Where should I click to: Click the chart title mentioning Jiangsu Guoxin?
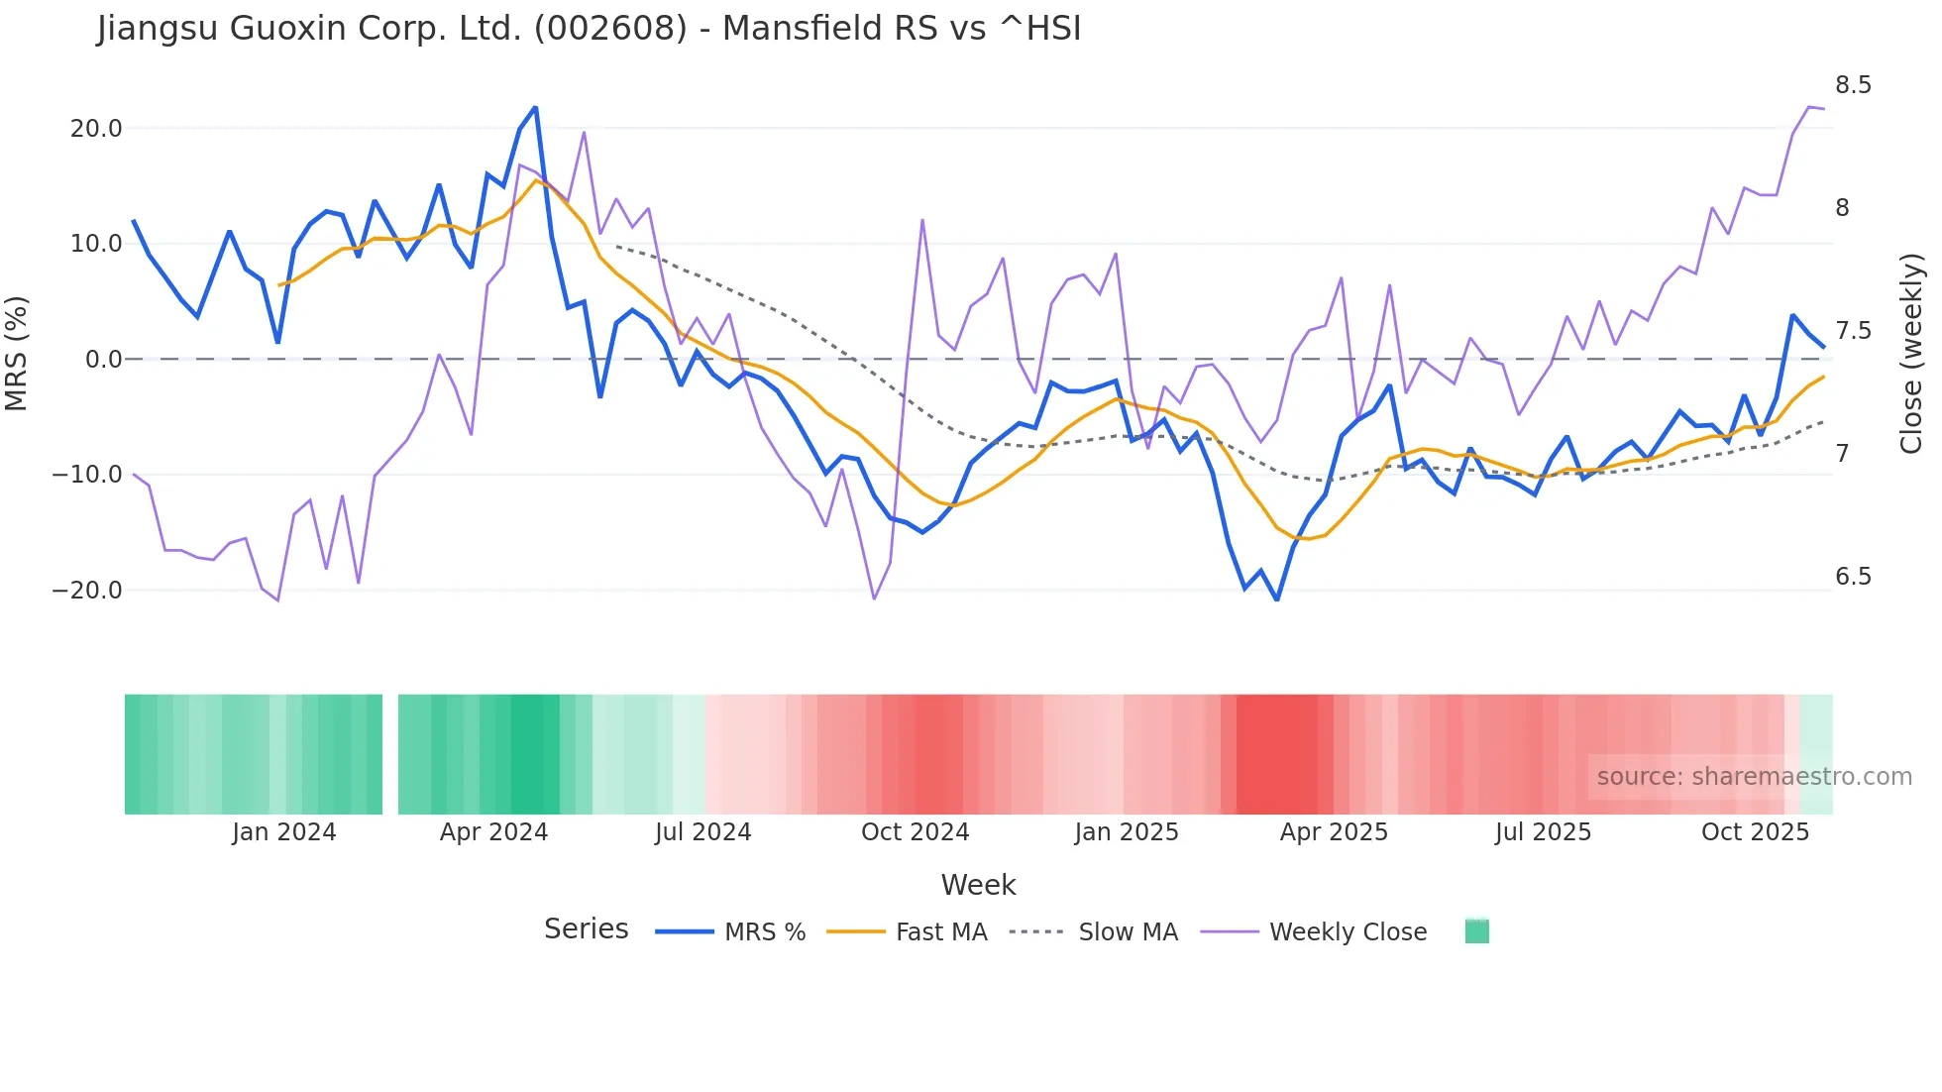[589, 29]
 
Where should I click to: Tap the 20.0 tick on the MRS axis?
[96, 129]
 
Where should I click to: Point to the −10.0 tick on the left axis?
[87, 475]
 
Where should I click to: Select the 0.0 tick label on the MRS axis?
[103, 360]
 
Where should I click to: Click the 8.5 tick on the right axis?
[1853, 85]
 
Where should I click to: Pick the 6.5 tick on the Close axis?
[1853, 577]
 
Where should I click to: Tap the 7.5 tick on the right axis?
[1853, 331]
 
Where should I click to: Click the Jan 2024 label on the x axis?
[284, 832]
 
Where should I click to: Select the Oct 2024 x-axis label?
[915, 832]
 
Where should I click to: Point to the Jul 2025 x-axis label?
[1543, 832]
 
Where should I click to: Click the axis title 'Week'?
[978, 885]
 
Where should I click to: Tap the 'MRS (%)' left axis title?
[17, 353]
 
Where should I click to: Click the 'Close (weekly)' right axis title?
[1911, 353]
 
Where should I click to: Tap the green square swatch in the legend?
[1476, 931]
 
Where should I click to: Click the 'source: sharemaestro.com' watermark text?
[1754, 777]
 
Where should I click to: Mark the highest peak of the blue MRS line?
[535, 107]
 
